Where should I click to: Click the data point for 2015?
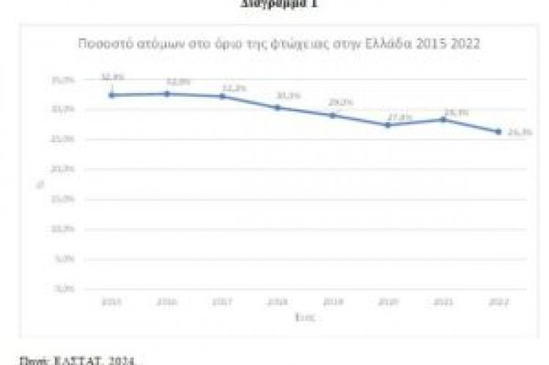112,95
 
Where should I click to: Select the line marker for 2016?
167,94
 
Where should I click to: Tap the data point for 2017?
222,97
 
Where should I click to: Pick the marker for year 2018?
277,108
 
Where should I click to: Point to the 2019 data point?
332,115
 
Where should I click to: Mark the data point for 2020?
388,125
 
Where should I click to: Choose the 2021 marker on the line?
443,119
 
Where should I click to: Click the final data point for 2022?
498,132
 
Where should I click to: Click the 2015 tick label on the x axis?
112,301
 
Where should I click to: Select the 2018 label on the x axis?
277,301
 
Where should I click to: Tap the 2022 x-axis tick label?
498,301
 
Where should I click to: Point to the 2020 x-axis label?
388,301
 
